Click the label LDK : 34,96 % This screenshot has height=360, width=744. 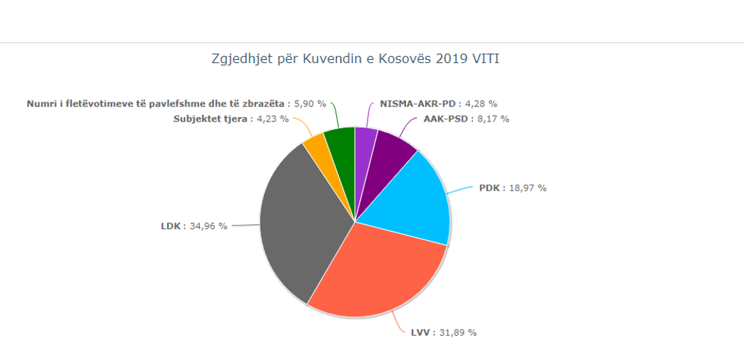pos(194,226)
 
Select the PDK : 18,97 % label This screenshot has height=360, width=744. pos(512,188)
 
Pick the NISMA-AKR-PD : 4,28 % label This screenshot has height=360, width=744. pos(438,103)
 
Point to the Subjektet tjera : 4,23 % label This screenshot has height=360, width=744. pos(231,118)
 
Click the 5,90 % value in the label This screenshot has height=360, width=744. pos(310,103)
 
